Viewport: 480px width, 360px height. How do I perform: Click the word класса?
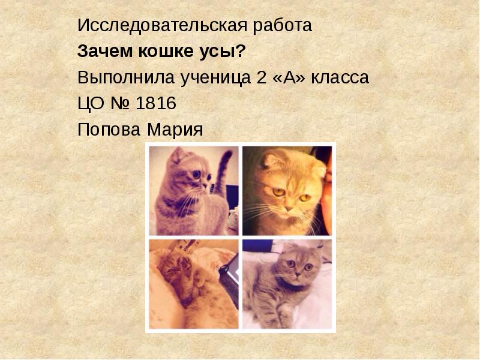pyautogui.click(x=340, y=78)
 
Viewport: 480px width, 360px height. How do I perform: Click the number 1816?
pyautogui.click(x=156, y=104)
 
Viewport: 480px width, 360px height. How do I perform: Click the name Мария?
pyautogui.click(x=174, y=130)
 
